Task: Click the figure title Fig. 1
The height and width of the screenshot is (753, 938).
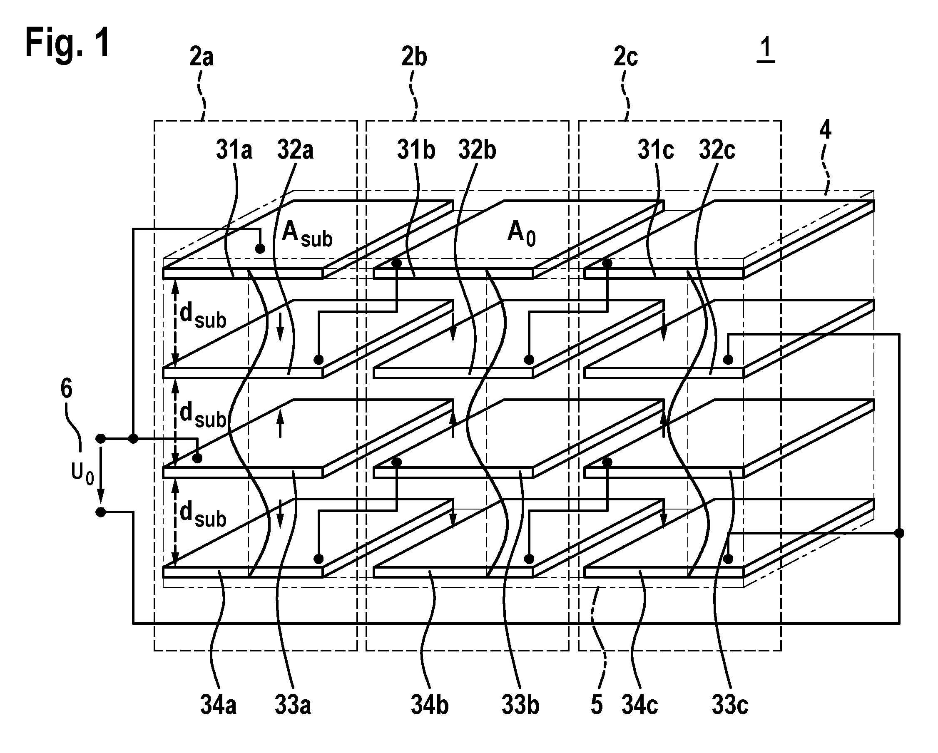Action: [x=67, y=42]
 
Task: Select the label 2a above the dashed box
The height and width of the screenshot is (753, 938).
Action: [x=202, y=57]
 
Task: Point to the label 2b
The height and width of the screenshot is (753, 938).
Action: [x=414, y=57]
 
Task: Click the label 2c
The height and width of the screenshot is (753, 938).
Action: [x=626, y=57]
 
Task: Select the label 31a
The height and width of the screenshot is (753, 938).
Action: [x=234, y=150]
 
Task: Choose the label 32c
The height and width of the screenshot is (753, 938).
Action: [x=717, y=150]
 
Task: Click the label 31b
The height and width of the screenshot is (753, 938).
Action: [x=416, y=150]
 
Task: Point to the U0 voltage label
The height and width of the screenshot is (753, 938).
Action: [x=83, y=474]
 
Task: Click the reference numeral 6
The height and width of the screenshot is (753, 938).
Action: [x=66, y=388]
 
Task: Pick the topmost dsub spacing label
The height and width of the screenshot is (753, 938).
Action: [x=203, y=316]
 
